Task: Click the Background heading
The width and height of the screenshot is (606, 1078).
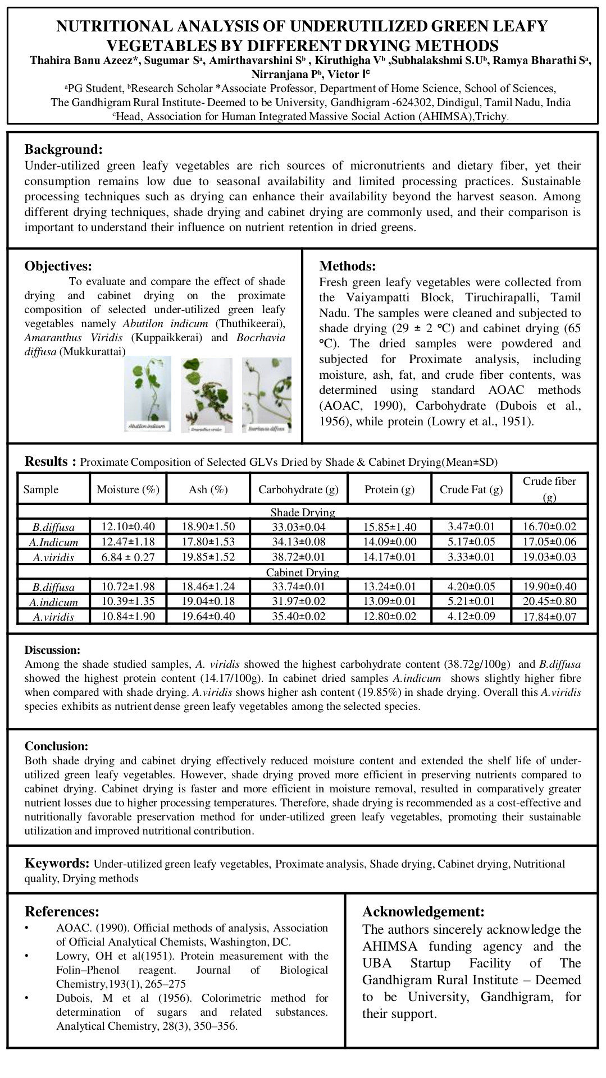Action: pos(63,150)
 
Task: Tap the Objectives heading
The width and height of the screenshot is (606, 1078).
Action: pos(58,266)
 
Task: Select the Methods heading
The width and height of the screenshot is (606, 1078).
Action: pos(347,266)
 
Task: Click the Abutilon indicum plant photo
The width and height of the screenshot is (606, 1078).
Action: pos(148,394)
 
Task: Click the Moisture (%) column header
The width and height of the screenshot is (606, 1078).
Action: pos(128,489)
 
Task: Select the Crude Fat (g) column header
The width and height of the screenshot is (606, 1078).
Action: pos(471,489)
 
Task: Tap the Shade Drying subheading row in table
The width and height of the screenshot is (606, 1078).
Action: pos(302,512)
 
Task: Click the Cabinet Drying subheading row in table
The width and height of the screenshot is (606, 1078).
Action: pos(302,572)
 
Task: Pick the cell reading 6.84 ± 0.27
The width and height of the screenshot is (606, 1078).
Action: pos(128,557)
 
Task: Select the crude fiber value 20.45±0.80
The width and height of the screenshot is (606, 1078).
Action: pos(549,602)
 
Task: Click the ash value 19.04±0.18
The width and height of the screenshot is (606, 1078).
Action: pos(208,602)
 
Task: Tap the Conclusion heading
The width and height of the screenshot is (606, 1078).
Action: pos(56,746)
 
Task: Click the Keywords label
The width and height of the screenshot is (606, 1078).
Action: pos(57,863)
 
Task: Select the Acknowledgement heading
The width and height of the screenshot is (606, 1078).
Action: pos(423,911)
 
